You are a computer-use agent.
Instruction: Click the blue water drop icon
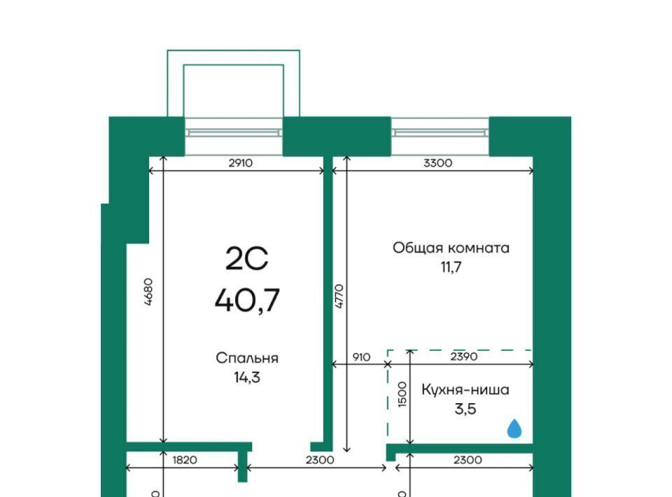pyautogui.click(x=514, y=428)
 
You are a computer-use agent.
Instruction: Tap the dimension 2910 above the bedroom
pyautogui.click(x=240, y=163)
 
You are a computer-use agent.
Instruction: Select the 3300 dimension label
pyautogui.click(x=437, y=163)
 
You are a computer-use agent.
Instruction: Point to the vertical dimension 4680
pyautogui.click(x=148, y=292)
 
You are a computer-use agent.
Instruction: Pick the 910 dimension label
pyautogui.click(x=361, y=357)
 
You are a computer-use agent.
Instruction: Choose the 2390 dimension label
pyautogui.click(x=463, y=356)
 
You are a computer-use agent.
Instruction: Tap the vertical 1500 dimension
pyautogui.click(x=402, y=394)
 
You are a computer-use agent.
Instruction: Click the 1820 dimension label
pyautogui.click(x=185, y=460)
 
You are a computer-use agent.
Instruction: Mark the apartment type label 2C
pyautogui.click(x=247, y=259)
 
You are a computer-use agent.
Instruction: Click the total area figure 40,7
pyautogui.click(x=247, y=300)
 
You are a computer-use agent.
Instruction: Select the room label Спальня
pyautogui.click(x=247, y=358)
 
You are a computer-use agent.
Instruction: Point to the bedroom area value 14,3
pyautogui.click(x=247, y=377)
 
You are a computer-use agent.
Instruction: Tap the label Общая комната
pyautogui.click(x=451, y=248)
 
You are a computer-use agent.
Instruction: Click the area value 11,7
pyautogui.click(x=451, y=267)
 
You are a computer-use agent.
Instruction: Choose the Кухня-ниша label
pyautogui.click(x=465, y=389)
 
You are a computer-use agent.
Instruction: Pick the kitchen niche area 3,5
pyautogui.click(x=465, y=409)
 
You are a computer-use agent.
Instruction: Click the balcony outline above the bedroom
pyautogui.click(x=234, y=50)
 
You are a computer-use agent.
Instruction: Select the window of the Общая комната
pyautogui.click(x=440, y=133)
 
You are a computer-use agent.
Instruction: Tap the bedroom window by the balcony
pyautogui.click(x=234, y=133)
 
